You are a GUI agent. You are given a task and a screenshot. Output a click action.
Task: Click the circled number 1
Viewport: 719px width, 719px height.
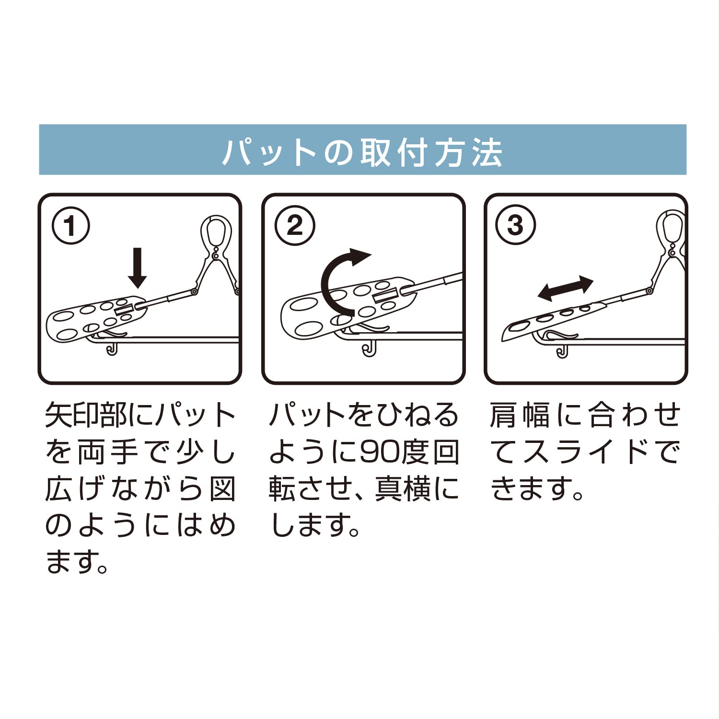click(71, 226)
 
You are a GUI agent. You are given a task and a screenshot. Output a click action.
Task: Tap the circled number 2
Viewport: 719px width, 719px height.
click(295, 225)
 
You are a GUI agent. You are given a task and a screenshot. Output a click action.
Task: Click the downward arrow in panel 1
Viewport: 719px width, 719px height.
click(138, 268)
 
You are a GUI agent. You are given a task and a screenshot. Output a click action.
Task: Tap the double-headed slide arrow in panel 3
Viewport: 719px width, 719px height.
click(566, 289)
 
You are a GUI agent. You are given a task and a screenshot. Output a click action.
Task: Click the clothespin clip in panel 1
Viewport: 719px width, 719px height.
click(218, 254)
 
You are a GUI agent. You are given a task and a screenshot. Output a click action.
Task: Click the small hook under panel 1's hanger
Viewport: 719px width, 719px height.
click(112, 349)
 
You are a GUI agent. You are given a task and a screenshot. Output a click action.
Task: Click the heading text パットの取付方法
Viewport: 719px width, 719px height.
click(362, 153)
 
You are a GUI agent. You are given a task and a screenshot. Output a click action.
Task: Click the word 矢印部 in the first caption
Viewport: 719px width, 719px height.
click(87, 415)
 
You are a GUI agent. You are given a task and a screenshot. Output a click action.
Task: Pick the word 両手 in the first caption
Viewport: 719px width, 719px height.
click(109, 452)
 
